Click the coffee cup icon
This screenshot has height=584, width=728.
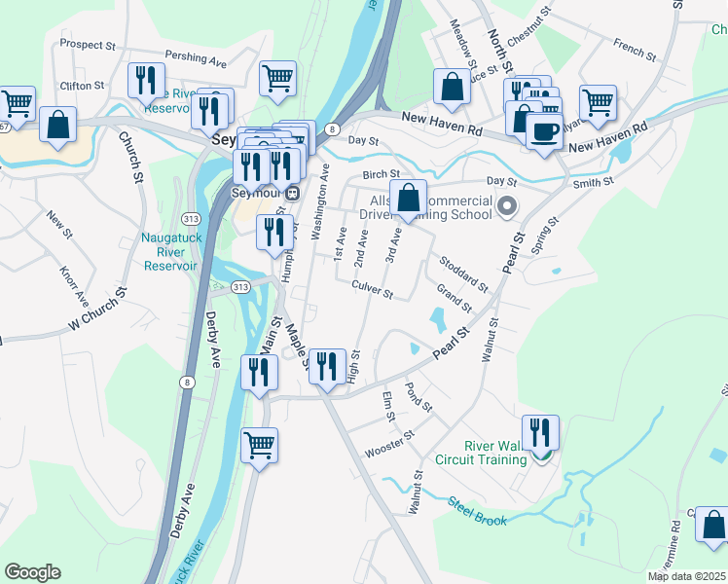click(544, 130)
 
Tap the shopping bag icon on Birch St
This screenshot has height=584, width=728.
click(409, 198)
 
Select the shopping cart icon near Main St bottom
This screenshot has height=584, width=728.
click(259, 446)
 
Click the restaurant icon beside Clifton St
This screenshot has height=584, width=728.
click(146, 82)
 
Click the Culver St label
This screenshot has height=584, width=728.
click(372, 290)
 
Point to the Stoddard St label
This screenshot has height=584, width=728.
click(463, 273)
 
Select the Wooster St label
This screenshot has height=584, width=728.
click(389, 445)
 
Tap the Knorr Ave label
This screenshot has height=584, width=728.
click(73, 283)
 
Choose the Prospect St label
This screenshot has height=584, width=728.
click(88, 45)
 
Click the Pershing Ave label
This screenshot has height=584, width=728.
click(196, 60)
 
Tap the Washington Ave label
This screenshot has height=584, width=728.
click(318, 201)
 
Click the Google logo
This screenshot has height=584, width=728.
click(32, 572)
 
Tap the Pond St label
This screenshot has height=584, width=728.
click(419, 396)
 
